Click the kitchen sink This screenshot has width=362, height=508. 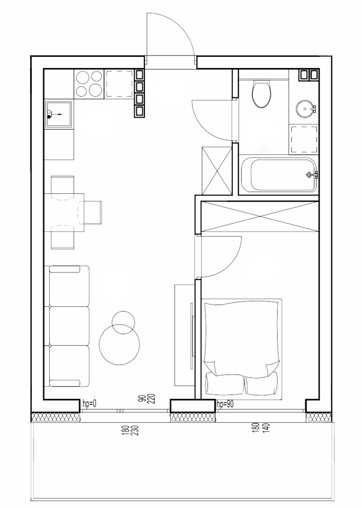[x=58, y=115]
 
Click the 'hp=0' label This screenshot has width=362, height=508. [x=90, y=403]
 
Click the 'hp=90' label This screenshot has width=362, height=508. [x=224, y=404]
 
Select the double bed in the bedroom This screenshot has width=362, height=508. [x=242, y=349]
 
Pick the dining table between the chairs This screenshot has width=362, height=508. [x=64, y=212]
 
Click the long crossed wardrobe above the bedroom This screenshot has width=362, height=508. [x=260, y=217]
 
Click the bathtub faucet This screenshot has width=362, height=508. [x=312, y=175]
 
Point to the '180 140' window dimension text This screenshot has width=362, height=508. [x=262, y=430]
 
